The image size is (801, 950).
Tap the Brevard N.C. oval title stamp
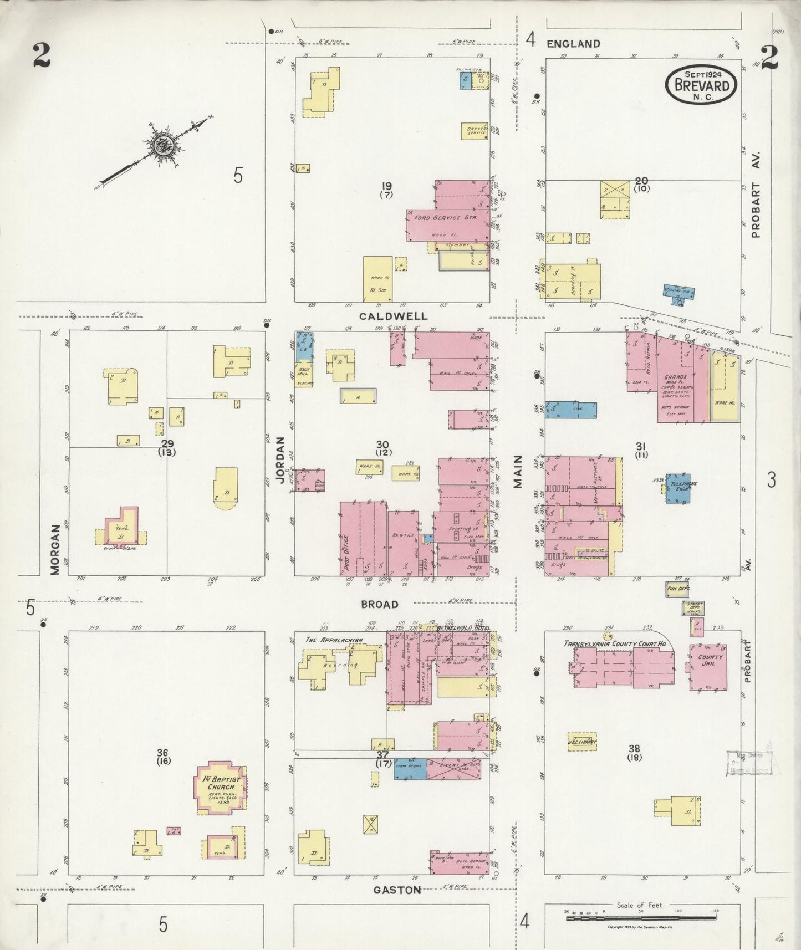pyautogui.click(x=701, y=85)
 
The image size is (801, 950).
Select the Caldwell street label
pyautogui.click(x=394, y=316)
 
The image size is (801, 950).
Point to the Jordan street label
pyautogui.click(x=280, y=460)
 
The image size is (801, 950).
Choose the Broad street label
pyautogui.click(x=380, y=604)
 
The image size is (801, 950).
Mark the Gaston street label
pyautogui.click(x=396, y=890)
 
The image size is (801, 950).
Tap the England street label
pyautogui.click(x=573, y=44)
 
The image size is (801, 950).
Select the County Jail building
pyautogui.click(x=708, y=667)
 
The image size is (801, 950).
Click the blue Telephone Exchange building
pyautogui.click(x=678, y=488)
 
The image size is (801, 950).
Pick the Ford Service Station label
pyautogui.click(x=446, y=218)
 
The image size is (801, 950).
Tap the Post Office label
pyautogui.click(x=346, y=554)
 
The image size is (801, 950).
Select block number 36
pyautogui.click(x=162, y=752)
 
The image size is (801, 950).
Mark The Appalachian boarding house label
pyautogui.click(x=334, y=640)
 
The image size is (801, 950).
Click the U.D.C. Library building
pyautogui.click(x=581, y=741)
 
